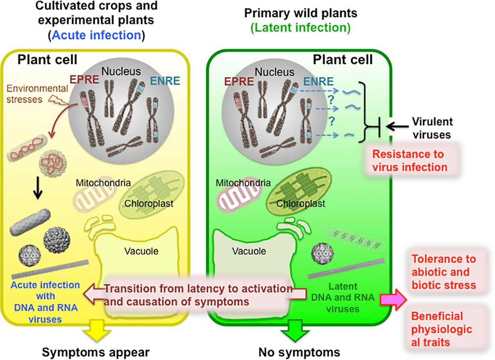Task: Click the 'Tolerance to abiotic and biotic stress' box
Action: [442, 272]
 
